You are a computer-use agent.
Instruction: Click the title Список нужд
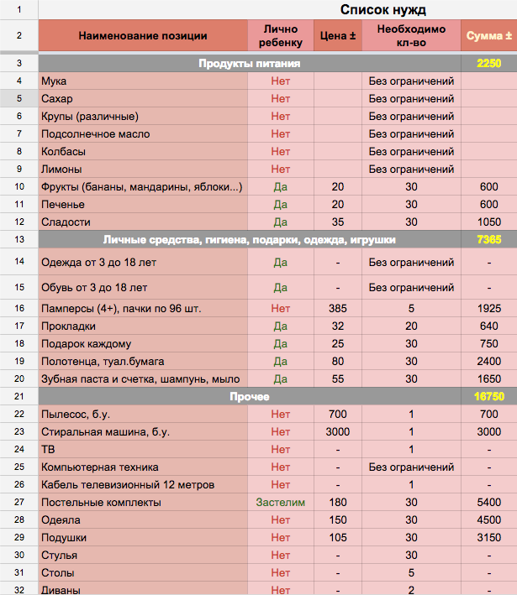(382, 10)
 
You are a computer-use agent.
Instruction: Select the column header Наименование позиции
(143, 36)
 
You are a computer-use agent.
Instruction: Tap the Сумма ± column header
(488, 36)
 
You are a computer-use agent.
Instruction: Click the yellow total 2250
(488, 63)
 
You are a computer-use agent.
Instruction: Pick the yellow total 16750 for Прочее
(488, 395)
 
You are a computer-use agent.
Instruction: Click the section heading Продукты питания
(250, 63)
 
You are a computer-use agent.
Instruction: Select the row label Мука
(54, 81)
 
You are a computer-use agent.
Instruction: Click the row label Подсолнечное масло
(95, 134)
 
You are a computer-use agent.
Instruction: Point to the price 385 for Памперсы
(338, 308)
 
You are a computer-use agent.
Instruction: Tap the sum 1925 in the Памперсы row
(488, 308)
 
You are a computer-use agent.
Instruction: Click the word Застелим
(281, 503)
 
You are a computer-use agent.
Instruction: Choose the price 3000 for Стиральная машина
(338, 431)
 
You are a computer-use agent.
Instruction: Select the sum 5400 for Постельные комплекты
(488, 503)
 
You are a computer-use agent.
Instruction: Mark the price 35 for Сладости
(338, 222)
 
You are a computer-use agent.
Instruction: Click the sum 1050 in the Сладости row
(488, 222)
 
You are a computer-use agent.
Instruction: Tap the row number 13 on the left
(18, 239)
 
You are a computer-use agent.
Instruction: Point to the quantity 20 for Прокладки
(411, 326)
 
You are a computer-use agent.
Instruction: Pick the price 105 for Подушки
(338, 538)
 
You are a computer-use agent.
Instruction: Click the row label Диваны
(61, 590)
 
